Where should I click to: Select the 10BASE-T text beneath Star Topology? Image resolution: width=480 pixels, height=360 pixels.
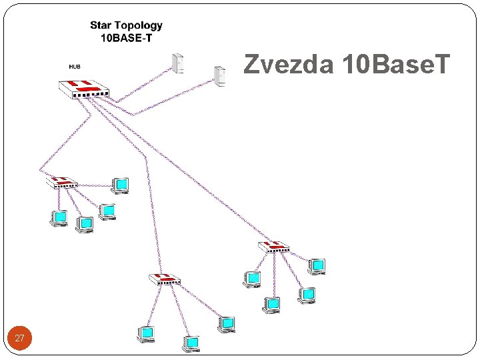[x=126, y=38]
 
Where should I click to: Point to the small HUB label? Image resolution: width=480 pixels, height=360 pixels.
[x=75, y=67]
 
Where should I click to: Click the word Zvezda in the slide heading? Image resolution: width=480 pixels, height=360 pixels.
[x=289, y=65]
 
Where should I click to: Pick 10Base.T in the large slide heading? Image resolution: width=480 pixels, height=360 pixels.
[x=395, y=65]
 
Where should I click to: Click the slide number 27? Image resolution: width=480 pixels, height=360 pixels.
[x=19, y=339]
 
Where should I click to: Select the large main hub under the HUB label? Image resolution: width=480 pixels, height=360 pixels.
[x=83, y=88]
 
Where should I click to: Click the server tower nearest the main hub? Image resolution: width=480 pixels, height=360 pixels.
[x=177, y=63]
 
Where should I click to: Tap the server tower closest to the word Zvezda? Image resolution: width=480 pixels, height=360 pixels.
[x=219, y=75]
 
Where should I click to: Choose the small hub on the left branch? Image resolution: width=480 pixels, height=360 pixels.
[x=61, y=181]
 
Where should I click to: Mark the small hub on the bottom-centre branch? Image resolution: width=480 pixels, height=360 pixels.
[x=163, y=279]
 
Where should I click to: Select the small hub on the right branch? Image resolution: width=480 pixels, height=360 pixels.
[x=274, y=247]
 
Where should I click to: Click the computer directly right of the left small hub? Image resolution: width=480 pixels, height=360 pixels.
[x=120, y=184]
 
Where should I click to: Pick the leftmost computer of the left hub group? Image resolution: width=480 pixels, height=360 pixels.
[x=59, y=217]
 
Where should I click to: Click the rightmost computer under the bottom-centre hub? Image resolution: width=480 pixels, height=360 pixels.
[x=227, y=323]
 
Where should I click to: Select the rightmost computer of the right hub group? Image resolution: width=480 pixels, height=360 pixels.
[x=317, y=265]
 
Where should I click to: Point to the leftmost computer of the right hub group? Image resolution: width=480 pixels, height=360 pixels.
[x=252, y=279]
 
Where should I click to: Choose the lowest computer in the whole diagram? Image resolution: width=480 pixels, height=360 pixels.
[x=191, y=343]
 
